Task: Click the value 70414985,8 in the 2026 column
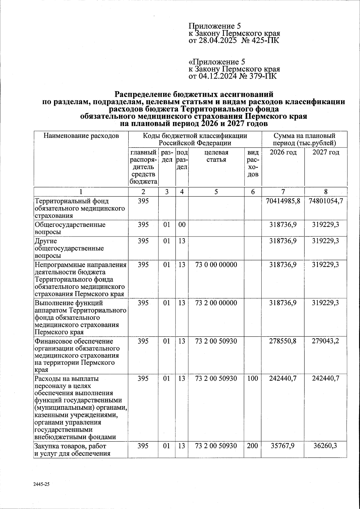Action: (x=283, y=201)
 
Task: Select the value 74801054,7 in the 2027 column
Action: (x=326, y=201)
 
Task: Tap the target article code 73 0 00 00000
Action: (x=216, y=265)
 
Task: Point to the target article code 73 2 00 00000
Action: (x=216, y=303)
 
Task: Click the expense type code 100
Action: (x=253, y=379)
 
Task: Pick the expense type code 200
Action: (x=253, y=446)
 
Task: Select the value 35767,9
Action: (x=283, y=446)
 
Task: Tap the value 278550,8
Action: (x=283, y=341)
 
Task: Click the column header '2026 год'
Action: (x=283, y=152)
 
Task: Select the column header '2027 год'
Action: (x=326, y=152)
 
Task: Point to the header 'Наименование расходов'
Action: (x=81, y=136)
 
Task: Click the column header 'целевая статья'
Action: (x=216, y=156)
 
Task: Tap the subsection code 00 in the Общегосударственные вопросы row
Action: (x=182, y=225)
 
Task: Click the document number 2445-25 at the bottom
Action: (x=41, y=484)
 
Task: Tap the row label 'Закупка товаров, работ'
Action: (x=70, y=446)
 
